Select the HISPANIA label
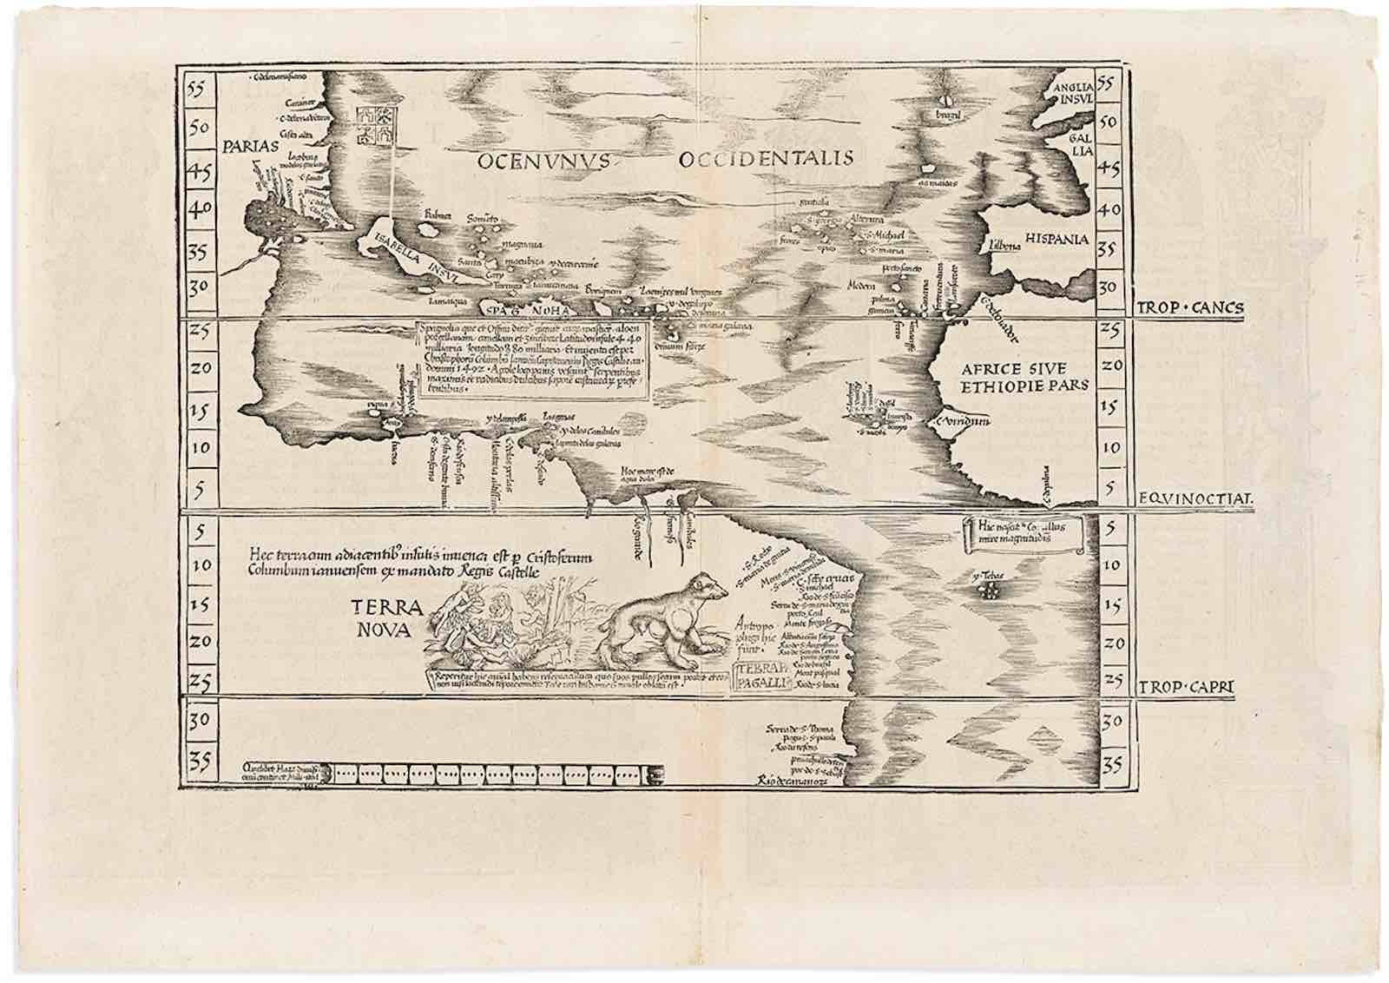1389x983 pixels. tap(1057, 239)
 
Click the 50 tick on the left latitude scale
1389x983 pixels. tap(201, 126)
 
